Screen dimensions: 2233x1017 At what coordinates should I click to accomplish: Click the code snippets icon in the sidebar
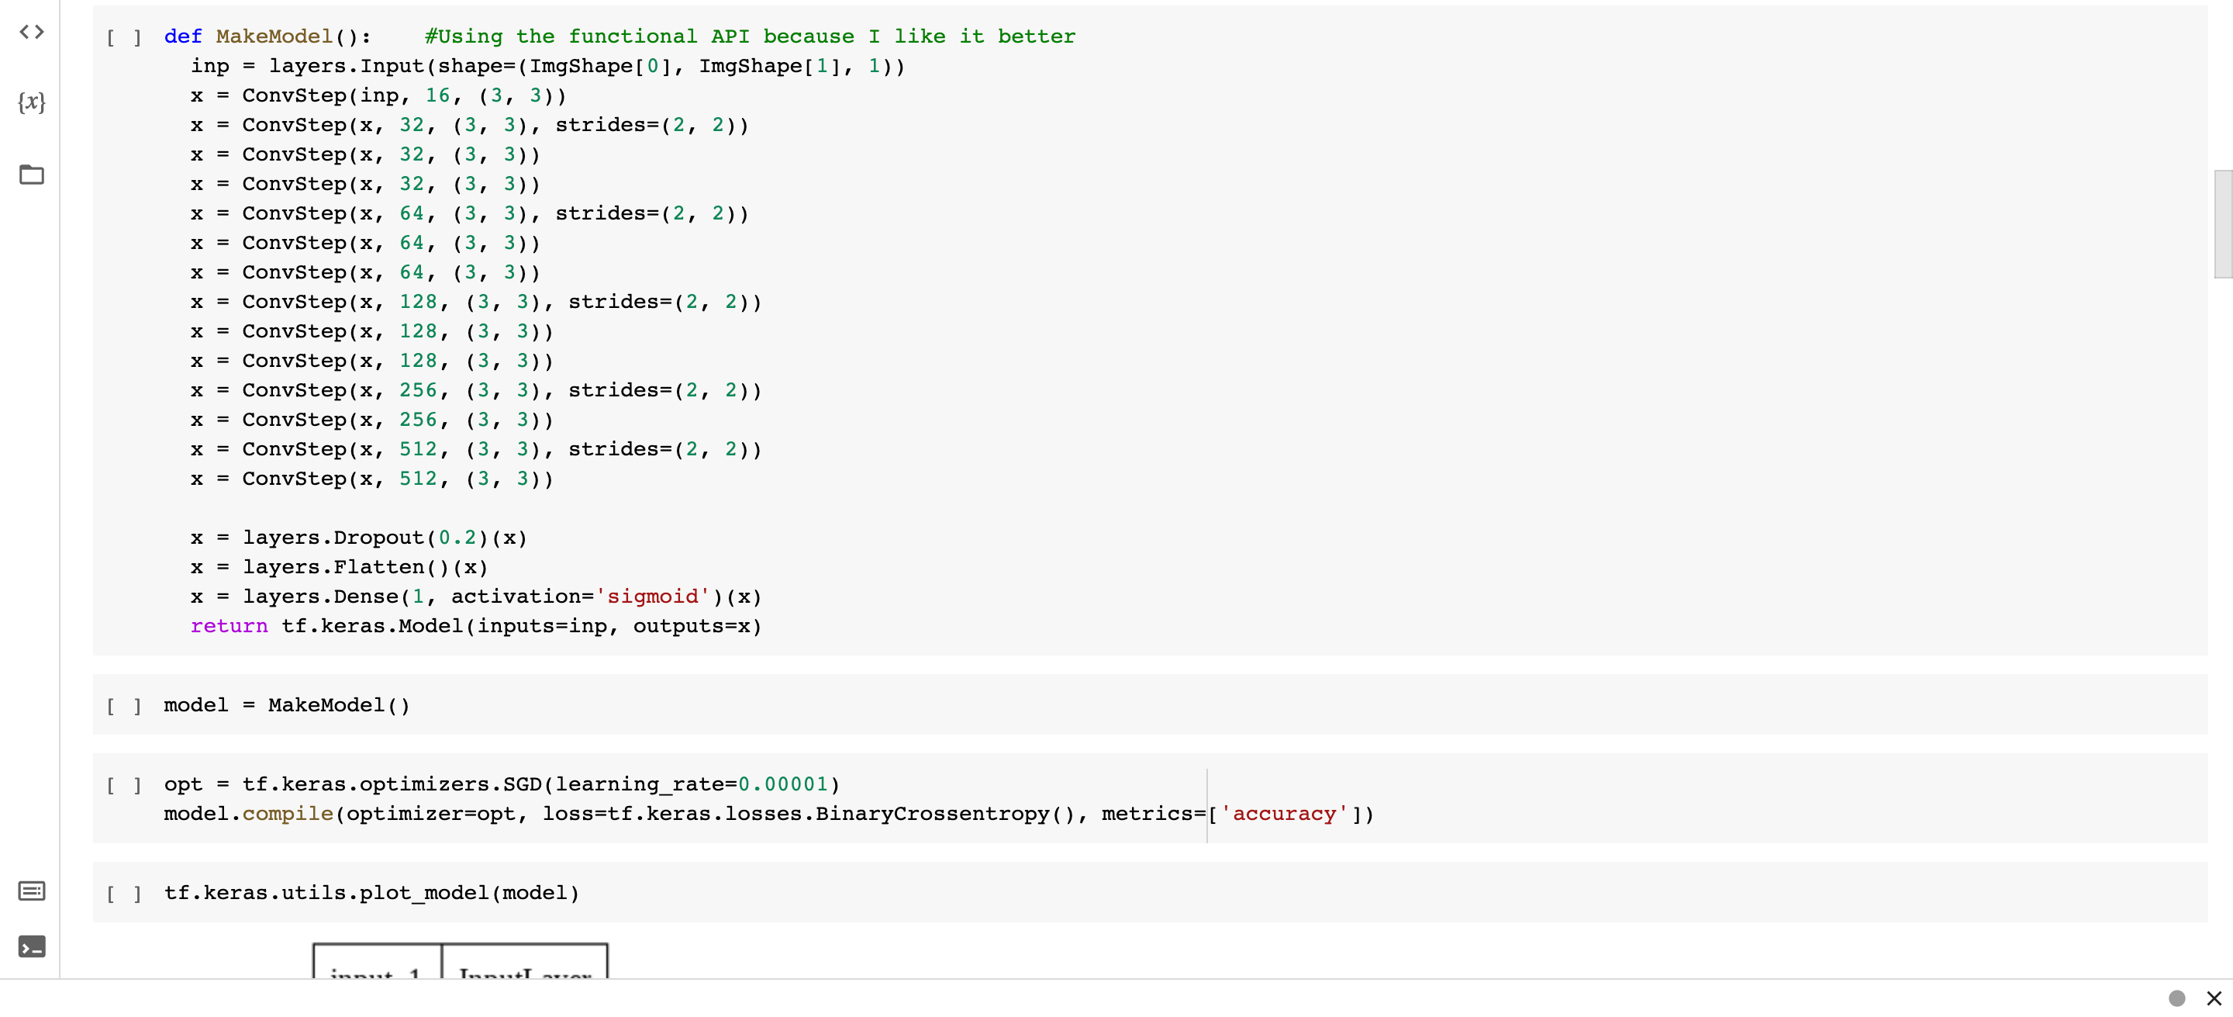point(32,32)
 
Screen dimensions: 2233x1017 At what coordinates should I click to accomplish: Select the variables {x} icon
point(32,102)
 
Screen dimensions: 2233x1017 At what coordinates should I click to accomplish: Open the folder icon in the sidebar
point(32,175)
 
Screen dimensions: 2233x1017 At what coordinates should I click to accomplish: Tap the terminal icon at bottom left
point(32,946)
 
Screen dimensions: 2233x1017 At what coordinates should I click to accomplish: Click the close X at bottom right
point(2213,998)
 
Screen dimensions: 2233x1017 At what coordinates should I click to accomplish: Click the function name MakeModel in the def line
point(274,36)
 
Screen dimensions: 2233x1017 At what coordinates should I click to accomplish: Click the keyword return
point(229,626)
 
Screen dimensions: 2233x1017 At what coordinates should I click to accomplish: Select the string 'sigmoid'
point(652,597)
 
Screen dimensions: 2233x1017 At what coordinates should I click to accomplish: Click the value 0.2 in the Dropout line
point(457,538)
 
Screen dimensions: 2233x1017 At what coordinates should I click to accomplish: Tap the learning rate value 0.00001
point(783,784)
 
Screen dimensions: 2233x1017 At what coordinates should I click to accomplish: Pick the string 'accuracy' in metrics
point(1284,814)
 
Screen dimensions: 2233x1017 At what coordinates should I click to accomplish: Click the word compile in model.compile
point(288,814)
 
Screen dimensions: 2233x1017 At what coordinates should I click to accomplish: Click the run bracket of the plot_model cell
point(124,893)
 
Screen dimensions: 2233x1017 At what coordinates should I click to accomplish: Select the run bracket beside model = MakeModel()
point(124,706)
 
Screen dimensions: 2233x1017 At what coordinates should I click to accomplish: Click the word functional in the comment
point(632,36)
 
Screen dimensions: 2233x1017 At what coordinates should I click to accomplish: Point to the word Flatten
point(379,567)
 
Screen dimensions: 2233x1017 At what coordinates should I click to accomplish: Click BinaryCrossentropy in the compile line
point(932,814)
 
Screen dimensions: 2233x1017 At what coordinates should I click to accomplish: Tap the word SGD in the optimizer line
point(522,784)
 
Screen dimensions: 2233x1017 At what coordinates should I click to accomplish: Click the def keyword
point(183,36)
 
